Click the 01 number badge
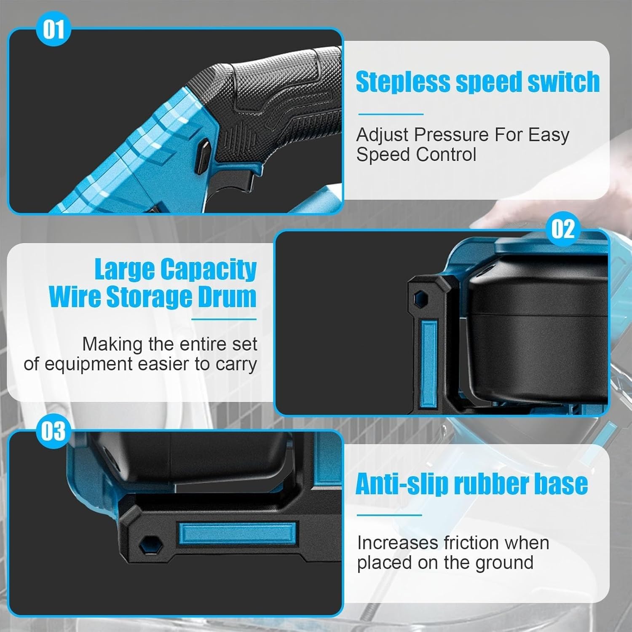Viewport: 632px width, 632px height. [54, 30]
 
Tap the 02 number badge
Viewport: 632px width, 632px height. [563, 229]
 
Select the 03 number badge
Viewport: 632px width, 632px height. [54, 431]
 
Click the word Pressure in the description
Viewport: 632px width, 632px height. [451, 135]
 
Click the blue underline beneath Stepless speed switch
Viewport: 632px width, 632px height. [391, 114]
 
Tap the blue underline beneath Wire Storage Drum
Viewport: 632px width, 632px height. [224, 319]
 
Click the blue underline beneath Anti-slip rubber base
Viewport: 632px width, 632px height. [389, 515]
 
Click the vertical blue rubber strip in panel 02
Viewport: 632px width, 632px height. [428, 363]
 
